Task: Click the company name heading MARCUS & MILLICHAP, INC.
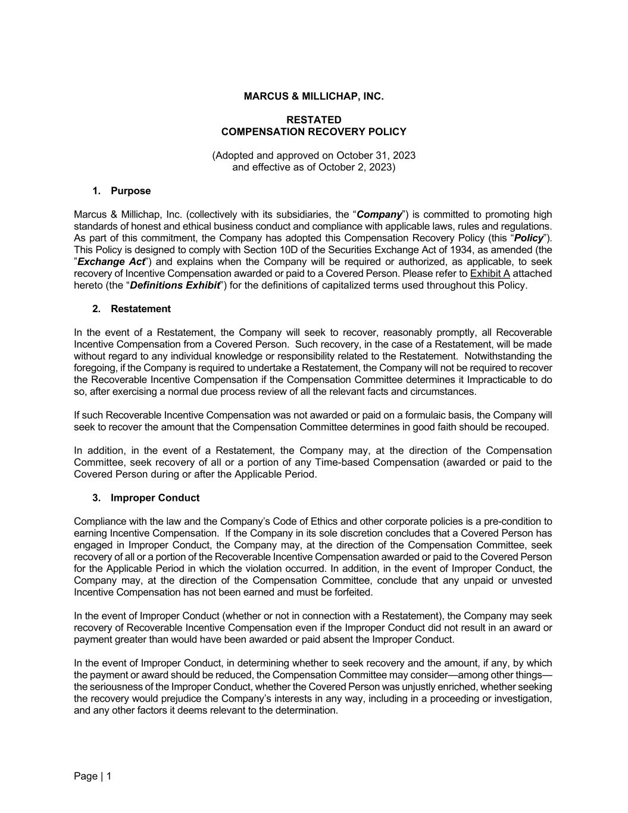314,96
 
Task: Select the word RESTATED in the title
314,120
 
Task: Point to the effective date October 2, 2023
355,167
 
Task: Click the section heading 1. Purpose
121,191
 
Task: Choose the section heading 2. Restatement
132,309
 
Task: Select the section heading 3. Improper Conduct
146,498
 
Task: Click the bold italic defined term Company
379,214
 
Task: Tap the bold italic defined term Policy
529,238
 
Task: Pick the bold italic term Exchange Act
111,262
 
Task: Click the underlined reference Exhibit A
490,274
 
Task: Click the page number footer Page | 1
93,776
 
